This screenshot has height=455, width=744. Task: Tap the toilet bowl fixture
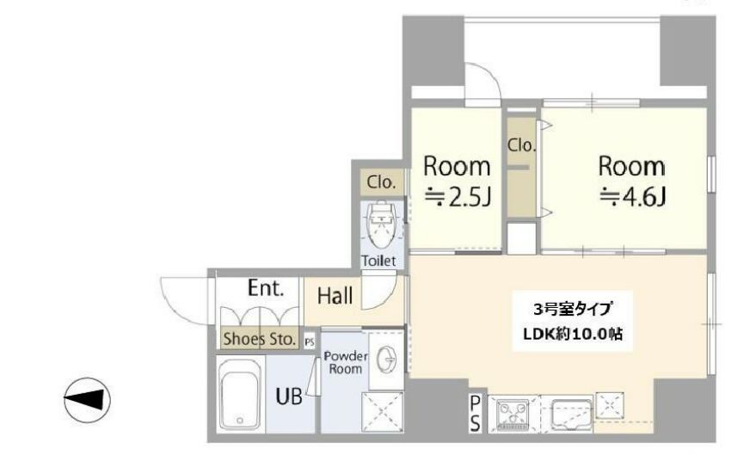[381, 224]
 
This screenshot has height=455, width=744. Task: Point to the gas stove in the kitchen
[513, 415]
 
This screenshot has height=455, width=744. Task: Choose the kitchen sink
[572, 415]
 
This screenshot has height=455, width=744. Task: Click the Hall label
[335, 296]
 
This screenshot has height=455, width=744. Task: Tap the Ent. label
[266, 288]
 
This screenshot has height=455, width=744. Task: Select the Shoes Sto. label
[260, 339]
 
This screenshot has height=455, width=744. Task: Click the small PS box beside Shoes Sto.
[310, 341]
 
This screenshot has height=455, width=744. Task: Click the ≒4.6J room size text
[633, 197]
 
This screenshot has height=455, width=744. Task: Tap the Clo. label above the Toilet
[381, 181]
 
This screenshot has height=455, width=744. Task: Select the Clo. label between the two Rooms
[521, 145]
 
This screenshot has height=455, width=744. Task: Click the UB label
[289, 397]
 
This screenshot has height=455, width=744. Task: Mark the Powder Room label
[346, 362]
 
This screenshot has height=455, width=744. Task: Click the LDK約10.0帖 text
[573, 334]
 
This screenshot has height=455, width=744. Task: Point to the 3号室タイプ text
[572, 310]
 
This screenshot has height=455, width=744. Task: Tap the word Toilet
[378, 261]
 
